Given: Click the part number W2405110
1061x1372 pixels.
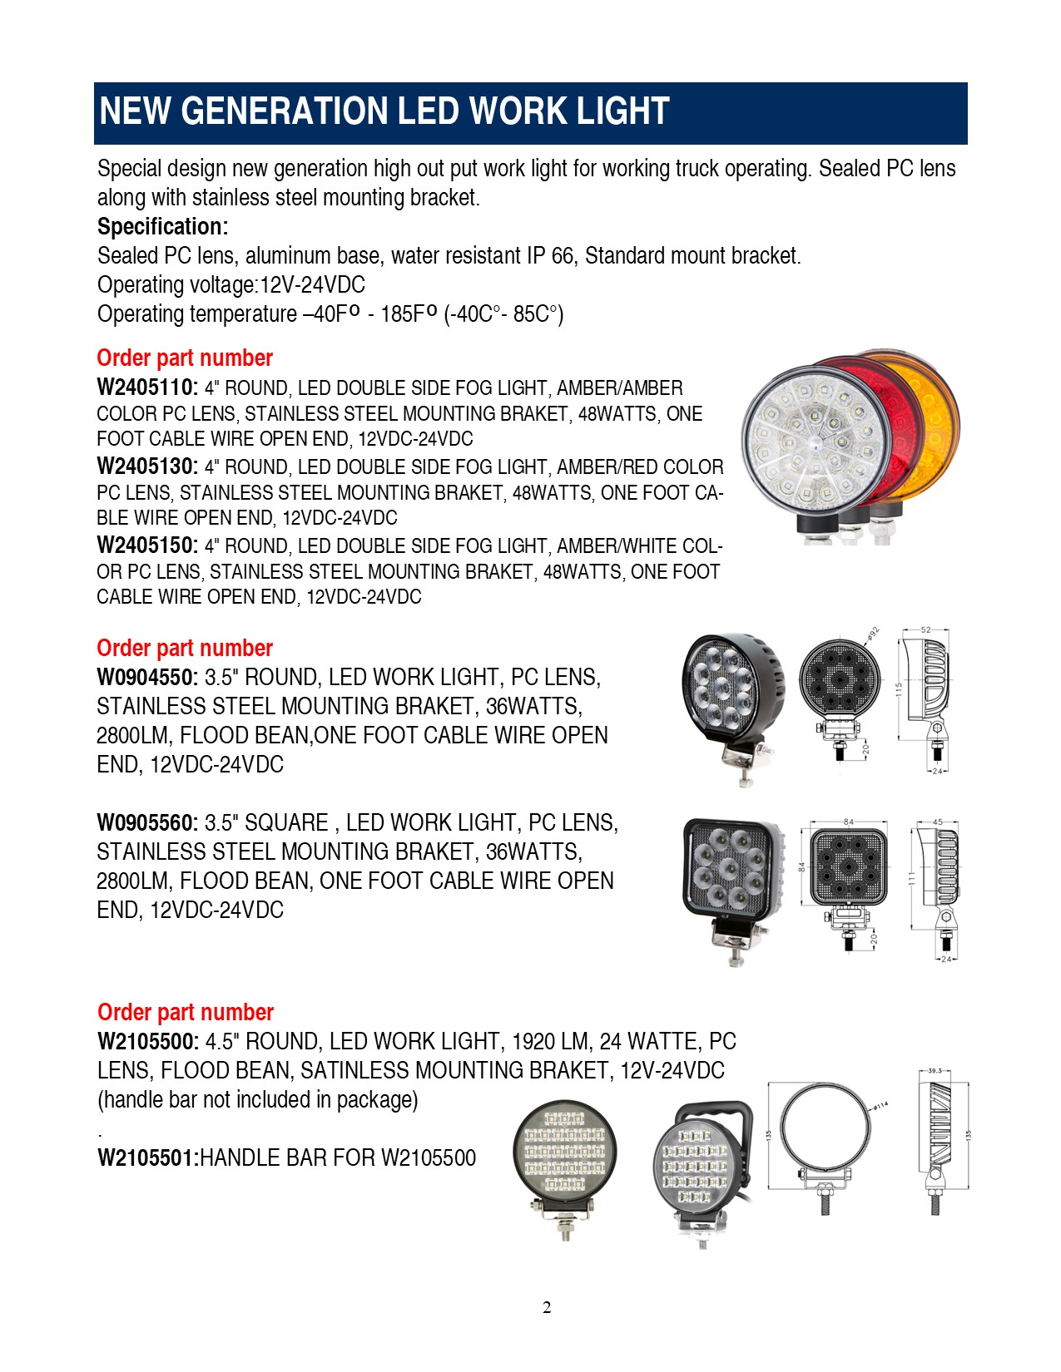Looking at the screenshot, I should click(x=146, y=387).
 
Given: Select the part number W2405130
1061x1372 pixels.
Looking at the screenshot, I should click(x=146, y=466).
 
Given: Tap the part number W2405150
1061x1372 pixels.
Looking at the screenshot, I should click(x=146, y=545).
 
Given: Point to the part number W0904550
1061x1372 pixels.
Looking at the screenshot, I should click(x=146, y=678).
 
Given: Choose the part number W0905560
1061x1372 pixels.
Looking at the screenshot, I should click(x=146, y=823).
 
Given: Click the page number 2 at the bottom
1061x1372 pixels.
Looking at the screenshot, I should click(x=547, y=1308).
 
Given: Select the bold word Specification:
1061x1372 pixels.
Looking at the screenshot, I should click(x=162, y=226).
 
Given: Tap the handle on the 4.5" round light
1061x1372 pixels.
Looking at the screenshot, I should click(x=715, y=1110).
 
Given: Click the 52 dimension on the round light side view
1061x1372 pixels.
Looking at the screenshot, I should click(x=925, y=630).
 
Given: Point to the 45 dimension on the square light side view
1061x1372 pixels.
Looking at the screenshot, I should click(x=938, y=822).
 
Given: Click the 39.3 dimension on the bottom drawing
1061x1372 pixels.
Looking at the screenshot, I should click(x=934, y=1071).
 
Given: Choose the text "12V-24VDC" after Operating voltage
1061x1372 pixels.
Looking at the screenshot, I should click(x=313, y=285).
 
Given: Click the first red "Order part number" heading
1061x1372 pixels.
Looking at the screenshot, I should click(x=185, y=358).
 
